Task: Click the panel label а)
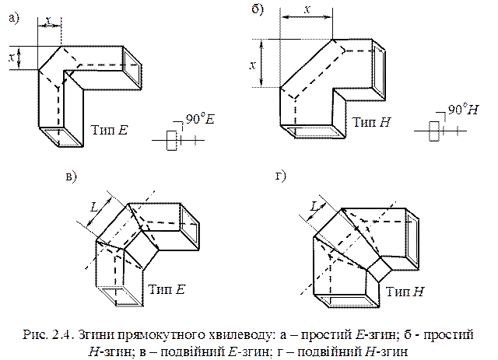tap(14, 18)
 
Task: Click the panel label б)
tap(258, 10)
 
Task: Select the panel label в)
tap(72, 177)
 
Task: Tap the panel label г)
tap(281, 176)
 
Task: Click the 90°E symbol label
tap(200, 119)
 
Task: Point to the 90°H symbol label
tap(463, 109)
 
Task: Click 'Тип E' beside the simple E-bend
tap(109, 130)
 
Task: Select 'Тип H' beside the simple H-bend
tap(372, 122)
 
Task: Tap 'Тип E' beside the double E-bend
tap(167, 289)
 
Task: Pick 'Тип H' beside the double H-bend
tap(405, 291)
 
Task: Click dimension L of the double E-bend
tap(94, 208)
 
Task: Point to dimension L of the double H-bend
tap(314, 207)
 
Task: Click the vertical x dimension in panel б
tap(253, 65)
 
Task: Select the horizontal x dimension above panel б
tap(307, 9)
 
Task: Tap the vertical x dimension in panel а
tap(12, 58)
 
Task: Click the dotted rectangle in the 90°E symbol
tap(172, 140)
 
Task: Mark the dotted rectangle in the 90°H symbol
tap(434, 131)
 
